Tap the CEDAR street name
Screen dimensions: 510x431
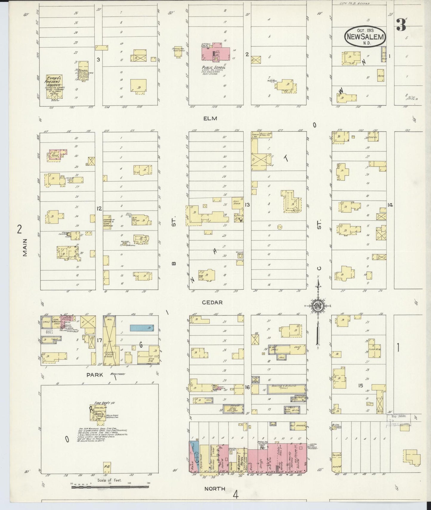click(212, 302)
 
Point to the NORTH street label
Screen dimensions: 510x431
click(215, 489)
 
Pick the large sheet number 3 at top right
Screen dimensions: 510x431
click(401, 25)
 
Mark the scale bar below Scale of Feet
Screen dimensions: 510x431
click(110, 487)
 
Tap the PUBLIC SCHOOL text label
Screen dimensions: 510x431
click(214, 67)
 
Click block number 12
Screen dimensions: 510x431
click(99, 208)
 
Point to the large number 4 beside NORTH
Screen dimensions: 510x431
click(236, 494)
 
